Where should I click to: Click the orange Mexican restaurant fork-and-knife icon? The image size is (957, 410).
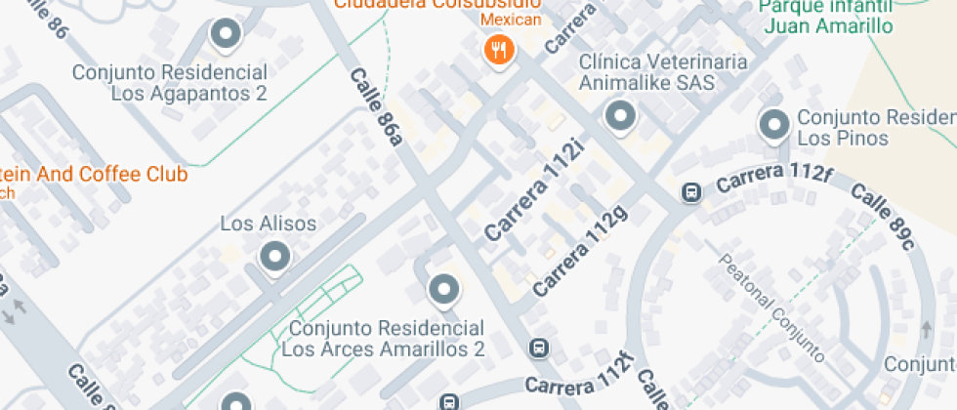pos(499,50)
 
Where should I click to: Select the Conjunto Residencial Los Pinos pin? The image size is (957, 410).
pos(774,125)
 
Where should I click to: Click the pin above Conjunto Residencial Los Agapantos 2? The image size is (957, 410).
pos(227,35)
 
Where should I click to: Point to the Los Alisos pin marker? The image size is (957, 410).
pos(274,258)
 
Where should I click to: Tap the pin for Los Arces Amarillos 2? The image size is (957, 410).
pos(444,289)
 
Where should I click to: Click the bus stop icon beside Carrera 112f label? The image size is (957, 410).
pos(690,192)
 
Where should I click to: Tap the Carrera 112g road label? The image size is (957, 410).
pos(580,250)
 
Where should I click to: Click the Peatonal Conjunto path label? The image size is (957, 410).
pos(771,307)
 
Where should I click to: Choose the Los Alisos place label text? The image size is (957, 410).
pos(269,225)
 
